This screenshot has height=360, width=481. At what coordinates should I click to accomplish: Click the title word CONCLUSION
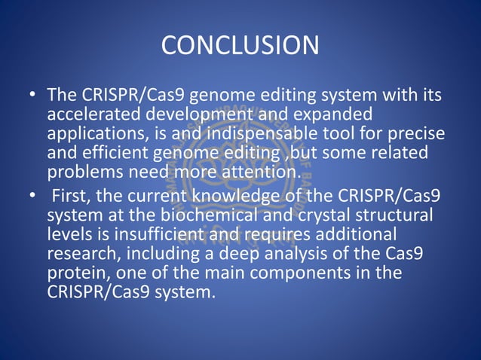click(x=240, y=45)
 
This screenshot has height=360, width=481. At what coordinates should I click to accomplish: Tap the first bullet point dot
click(x=32, y=97)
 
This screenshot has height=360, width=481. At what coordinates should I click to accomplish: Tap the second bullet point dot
click(x=32, y=197)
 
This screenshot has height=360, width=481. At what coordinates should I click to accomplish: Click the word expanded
click(x=335, y=115)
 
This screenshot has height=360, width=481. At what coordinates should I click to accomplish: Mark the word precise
click(x=411, y=134)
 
